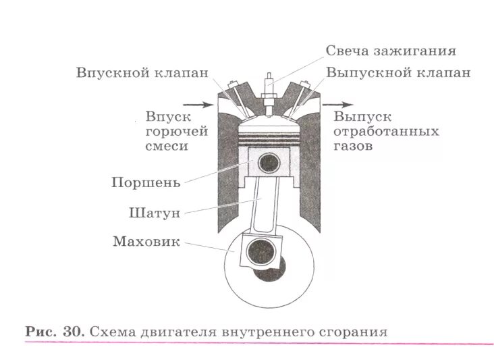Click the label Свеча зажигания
[391, 51]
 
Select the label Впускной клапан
[142, 72]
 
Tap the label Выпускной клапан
[398, 72]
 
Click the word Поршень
[145, 182]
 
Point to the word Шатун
[154, 213]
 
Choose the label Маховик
[146, 241]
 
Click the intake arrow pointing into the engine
[197, 105]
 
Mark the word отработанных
[386, 132]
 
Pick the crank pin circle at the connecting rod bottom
[258, 253]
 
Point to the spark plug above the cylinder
[269, 91]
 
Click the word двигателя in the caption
[177, 332]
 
